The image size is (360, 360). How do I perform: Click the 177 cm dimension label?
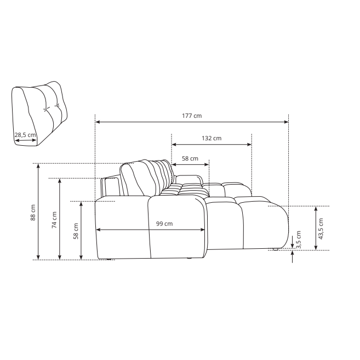[x=192, y=116]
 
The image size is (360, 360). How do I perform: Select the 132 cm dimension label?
[x=212, y=138]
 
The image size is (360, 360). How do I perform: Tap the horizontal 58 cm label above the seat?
[x=190, y=158]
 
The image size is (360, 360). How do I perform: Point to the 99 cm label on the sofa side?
[x=164, y=224]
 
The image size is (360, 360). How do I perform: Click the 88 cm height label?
[x=33, y=213]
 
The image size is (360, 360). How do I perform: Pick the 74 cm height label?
[x=54, y=220]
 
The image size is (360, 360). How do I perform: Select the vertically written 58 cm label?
[x=76, y=231]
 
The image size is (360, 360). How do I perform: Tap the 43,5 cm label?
[x=321, y=228]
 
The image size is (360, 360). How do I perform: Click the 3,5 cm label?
[x=299, y=239]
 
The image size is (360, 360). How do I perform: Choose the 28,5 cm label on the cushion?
[x=25, y=135]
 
